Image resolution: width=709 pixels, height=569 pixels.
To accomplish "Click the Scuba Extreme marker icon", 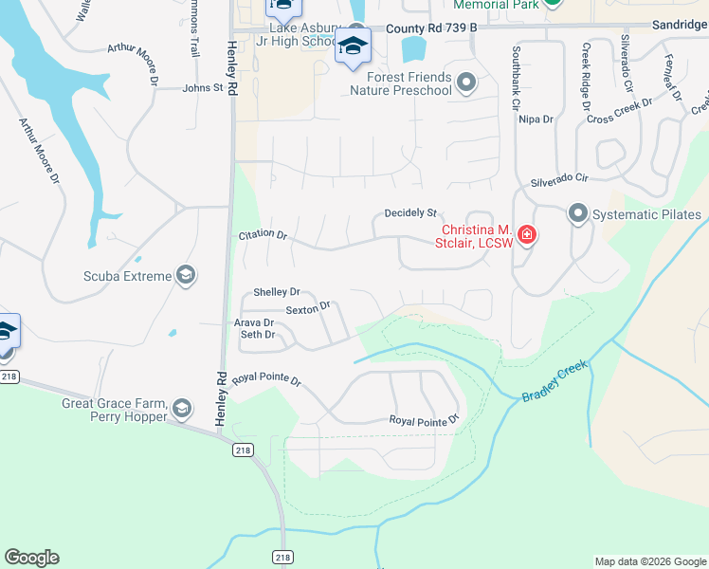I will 187,276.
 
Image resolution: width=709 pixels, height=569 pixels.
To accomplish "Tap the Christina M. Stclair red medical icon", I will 526,234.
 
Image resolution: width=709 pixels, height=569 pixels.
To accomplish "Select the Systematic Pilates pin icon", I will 578,214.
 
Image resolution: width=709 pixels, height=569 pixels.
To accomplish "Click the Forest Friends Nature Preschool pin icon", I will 465,83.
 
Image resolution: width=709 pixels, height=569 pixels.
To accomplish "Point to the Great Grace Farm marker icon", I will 181,409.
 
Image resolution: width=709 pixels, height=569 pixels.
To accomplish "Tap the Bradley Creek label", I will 554,381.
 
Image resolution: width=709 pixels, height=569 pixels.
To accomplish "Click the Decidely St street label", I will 409,213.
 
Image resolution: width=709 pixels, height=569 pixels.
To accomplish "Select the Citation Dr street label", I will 263,233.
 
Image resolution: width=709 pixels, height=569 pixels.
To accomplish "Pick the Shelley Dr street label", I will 277,292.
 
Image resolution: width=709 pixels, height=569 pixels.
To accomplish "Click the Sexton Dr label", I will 307,308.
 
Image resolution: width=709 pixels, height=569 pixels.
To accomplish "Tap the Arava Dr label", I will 254,322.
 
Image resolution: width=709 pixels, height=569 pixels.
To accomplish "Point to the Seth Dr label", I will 257,335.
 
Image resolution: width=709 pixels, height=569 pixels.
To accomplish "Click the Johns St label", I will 203,88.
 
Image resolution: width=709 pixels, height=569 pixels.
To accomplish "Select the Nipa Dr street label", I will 536,119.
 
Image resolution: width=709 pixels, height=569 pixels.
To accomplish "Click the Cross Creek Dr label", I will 620,111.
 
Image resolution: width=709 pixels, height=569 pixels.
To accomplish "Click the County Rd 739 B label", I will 430,29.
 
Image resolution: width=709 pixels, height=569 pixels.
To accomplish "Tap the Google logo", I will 31,558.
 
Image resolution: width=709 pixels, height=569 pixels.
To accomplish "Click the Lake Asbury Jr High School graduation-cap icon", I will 353,45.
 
